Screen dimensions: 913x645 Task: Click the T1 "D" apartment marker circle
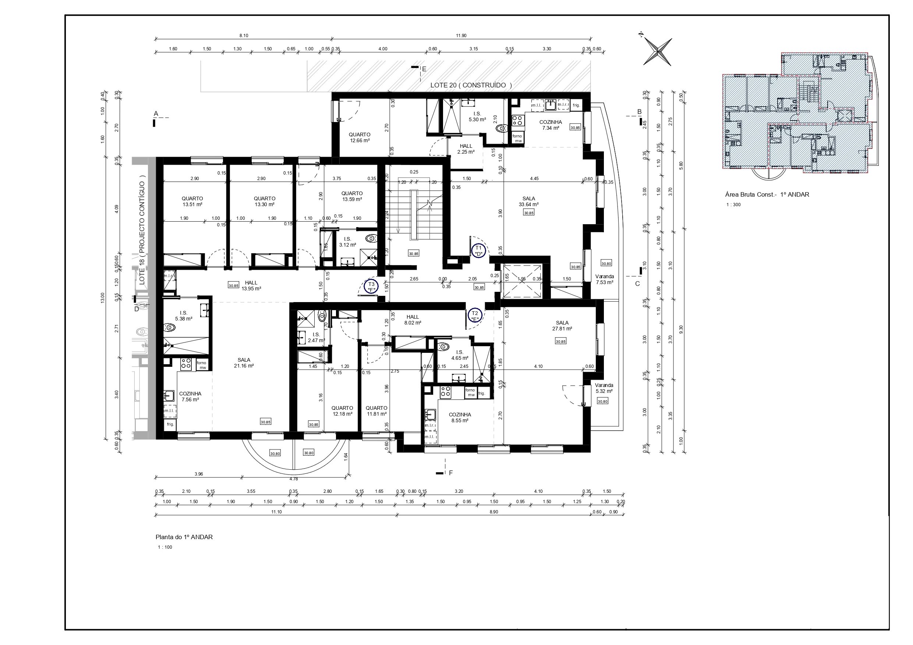(479, 251)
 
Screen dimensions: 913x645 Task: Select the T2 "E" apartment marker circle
(475, 316)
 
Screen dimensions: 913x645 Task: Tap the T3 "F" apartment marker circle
(371, 287)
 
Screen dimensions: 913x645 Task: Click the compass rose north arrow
(658, 51)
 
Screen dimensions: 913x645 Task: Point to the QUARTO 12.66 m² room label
(360, 137)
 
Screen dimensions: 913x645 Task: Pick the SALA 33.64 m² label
(528, 201)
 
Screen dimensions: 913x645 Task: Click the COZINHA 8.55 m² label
(460, 418)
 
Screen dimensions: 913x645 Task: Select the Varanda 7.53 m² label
(604, 279)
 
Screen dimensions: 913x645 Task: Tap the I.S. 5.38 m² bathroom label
(183, 316)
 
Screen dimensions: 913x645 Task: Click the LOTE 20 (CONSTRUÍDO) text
(471, 85)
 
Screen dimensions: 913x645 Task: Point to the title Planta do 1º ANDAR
(184, 537)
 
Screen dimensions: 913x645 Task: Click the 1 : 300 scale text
(734, 205)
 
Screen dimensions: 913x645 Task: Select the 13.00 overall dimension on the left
(103, 298)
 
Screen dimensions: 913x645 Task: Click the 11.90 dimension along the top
(461, 36)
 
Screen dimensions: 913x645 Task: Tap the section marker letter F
(451, 473)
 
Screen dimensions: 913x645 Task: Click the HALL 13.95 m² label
(251, 286)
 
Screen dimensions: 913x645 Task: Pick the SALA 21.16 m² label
(244, 363)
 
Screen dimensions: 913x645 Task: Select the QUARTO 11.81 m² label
(376, 411)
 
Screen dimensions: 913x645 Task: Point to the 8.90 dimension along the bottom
(493, 512)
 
